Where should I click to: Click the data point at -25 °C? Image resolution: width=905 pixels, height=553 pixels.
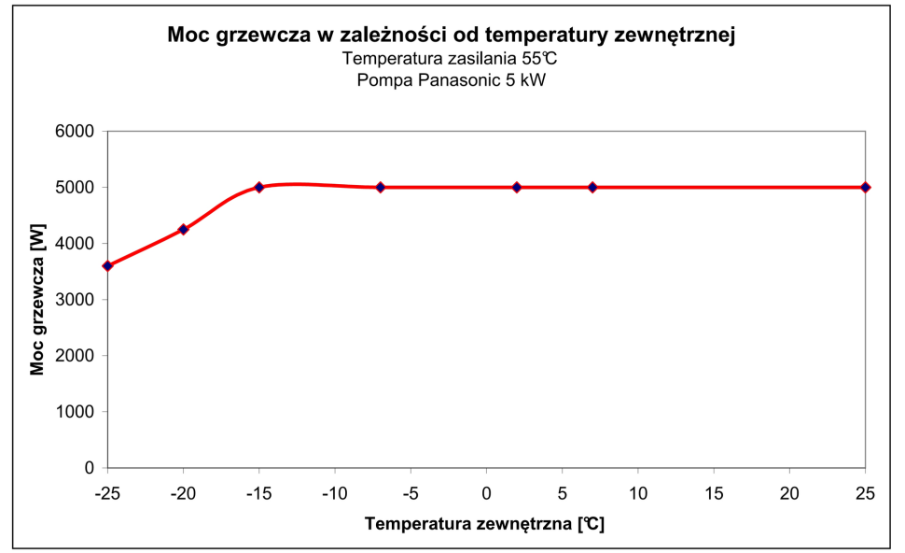coord(108,266)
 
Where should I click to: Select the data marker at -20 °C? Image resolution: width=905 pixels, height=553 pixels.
coord(184,229)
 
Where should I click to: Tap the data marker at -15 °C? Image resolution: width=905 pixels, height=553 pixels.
coord(259,188)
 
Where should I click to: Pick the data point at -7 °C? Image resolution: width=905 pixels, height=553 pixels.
coord(381,188)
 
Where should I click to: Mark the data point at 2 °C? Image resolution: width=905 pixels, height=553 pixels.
coord(517,188)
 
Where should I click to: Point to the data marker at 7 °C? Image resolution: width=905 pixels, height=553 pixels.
coord(592,188)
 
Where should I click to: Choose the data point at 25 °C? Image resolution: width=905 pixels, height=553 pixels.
coord(865,188)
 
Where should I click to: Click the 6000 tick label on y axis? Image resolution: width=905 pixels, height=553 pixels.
coord(77,132)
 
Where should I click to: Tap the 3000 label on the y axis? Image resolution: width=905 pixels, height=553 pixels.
coord(77,300)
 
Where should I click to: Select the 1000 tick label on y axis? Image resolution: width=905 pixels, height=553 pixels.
coord(77,412)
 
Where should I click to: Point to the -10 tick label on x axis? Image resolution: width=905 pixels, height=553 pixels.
coord(335,490)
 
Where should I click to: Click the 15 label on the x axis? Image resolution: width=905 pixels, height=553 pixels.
coord(714,490)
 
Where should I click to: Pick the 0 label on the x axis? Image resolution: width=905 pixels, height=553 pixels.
coord(487,490)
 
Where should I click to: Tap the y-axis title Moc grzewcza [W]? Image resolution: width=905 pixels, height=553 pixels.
coord(38,300)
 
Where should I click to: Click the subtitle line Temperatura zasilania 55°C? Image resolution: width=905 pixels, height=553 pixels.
coord(452,60)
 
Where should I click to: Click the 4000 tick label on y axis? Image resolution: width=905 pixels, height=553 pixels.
coord(77,244)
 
